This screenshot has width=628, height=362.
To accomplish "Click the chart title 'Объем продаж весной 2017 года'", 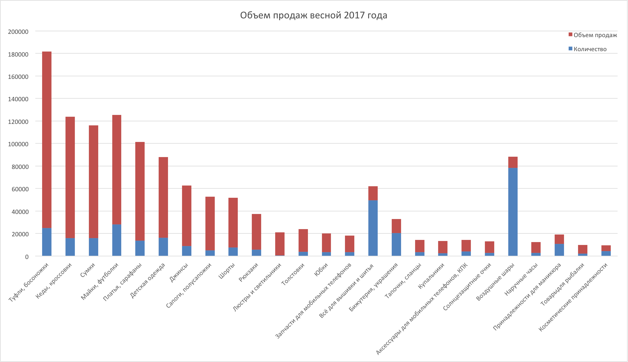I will (x=314, y=15).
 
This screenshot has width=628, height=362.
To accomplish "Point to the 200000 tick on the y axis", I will (x=18, y=32).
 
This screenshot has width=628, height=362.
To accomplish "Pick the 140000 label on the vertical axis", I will (x=18, y=99).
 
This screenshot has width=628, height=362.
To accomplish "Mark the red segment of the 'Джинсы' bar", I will (x=187, y=216).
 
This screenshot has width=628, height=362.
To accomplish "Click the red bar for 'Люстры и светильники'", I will (x=280, y=244).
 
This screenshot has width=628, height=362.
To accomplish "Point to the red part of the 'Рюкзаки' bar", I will (x=256, y=232).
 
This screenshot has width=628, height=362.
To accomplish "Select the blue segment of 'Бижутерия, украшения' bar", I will (x=396, y=245).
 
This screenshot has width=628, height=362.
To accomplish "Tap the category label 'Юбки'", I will (x=321, y=270).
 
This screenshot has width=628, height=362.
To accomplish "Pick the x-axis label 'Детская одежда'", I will (x=148, y=281).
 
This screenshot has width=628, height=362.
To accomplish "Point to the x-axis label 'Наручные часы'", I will (x=521, y=279).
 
